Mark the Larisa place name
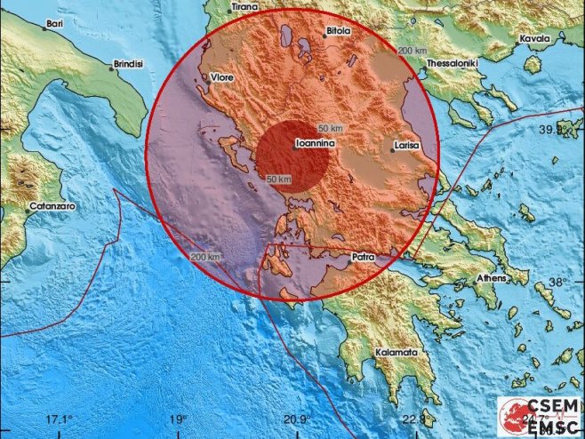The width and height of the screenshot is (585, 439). click(411, 149)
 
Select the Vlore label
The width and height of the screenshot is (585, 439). click(221, 78)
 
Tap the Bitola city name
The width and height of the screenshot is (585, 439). click(337, 30)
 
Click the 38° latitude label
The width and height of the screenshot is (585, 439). click(557, 282)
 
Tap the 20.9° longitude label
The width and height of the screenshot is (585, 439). click(296, 419)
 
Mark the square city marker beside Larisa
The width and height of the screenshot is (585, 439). click(392, 150)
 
